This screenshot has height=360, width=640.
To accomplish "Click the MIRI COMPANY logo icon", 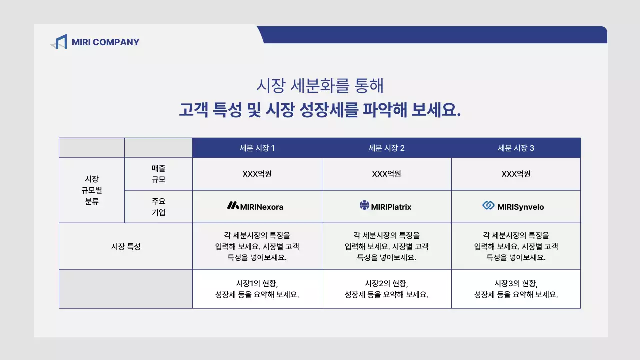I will tap(59, 42).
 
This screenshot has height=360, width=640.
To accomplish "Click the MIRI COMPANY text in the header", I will tap(105, 42).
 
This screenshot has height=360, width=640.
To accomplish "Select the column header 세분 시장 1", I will tap(257, 148).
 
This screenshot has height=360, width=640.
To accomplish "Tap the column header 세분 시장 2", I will tap(386, 148).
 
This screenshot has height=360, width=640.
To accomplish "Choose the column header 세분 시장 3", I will tap(516, 148).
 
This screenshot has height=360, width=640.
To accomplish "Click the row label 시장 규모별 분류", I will tap(92, 190).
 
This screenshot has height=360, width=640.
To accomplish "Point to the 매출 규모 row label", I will tap(158, 174).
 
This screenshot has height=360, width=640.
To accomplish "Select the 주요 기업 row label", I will tap(158, 207).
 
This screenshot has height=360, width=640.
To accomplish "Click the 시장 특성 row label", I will tap(126, 246).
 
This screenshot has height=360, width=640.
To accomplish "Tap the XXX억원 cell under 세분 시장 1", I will tap(257, 174).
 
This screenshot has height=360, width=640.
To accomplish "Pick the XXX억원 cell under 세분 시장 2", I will tap(386, 174).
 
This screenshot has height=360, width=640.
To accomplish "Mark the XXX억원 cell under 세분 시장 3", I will tap(516, 174).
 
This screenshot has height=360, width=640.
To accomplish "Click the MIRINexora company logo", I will tap(255, 206).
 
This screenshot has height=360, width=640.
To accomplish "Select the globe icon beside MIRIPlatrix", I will tap(364, 205).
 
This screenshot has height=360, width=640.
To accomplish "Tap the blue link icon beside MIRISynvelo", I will tap(488, 205).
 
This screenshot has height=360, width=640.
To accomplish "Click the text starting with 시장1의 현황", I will tap(257, 289).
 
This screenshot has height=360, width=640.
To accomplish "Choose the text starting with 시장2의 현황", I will tap(386, 289).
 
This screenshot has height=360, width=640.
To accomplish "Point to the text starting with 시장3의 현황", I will tap(516, 289).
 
